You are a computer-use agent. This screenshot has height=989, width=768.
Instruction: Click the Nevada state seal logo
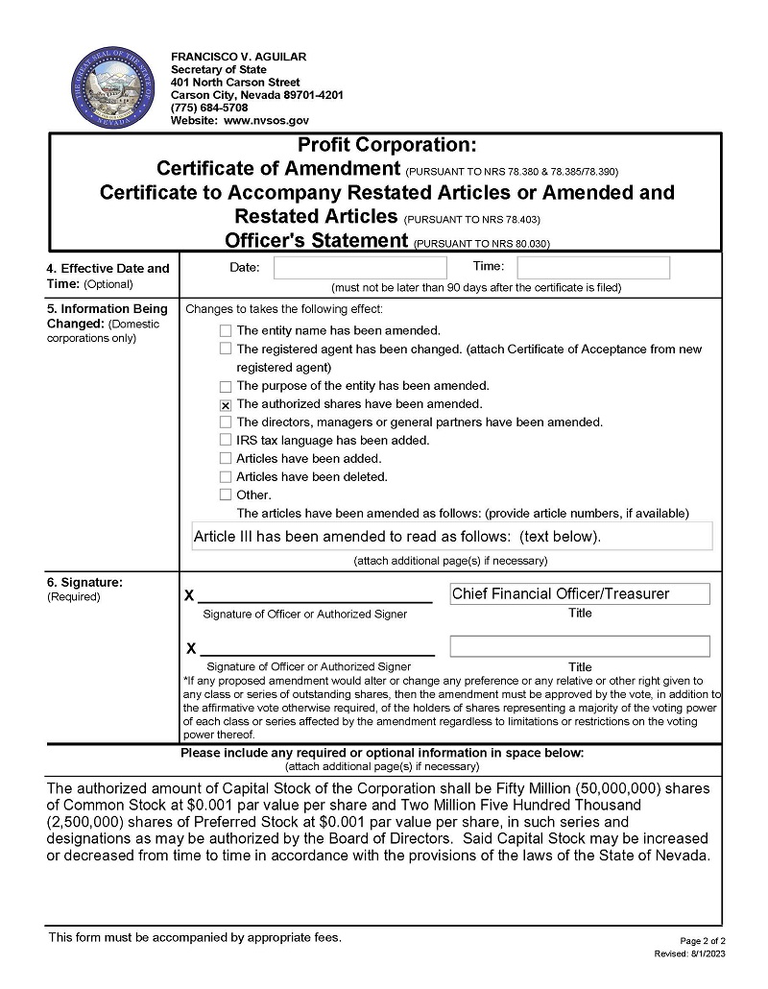106,88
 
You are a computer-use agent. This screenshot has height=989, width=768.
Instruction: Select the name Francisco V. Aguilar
238,57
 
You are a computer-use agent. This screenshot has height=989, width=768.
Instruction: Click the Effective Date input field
360,268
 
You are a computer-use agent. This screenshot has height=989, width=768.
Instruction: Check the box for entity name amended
226,330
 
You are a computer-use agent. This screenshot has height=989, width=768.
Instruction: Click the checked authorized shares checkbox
226,404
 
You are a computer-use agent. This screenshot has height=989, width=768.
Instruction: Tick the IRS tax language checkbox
226,441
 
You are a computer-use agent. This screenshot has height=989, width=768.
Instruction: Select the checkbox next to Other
226,495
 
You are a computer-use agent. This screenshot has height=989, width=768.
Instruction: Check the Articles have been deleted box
226,477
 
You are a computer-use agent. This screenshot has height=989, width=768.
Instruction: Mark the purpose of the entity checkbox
226,386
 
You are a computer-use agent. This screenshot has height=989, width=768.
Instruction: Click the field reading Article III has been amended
452,536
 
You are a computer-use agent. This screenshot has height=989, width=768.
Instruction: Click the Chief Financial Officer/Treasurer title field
580,593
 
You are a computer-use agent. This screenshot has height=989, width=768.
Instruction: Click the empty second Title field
580,646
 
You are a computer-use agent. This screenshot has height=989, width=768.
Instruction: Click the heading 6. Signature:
85,582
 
